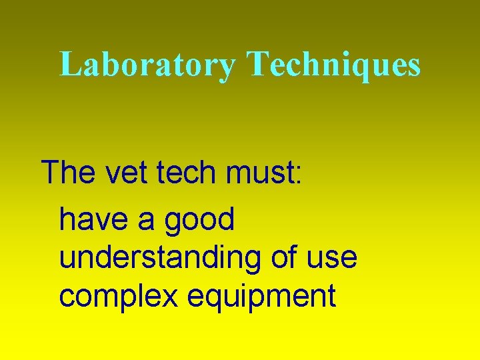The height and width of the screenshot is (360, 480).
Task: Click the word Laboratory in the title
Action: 147,65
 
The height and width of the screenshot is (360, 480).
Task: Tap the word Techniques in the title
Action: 334,65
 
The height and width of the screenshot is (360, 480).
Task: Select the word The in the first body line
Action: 68,172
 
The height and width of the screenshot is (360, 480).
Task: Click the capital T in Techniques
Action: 257,65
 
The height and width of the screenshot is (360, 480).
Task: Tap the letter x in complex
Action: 170,297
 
